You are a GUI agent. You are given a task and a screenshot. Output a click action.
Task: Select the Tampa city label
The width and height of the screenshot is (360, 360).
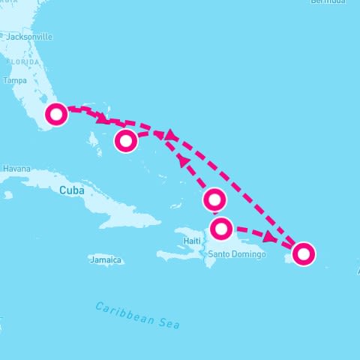point(15,80)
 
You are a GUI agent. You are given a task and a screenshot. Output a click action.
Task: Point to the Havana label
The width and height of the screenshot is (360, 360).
point(16,169)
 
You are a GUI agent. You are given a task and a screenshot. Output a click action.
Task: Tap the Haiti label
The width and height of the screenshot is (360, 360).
point(193,241)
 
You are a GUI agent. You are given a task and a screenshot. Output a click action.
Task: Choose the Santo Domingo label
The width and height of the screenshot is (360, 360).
point(237,255)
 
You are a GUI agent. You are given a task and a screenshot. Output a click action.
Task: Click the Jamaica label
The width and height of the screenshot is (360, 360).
point(105,260)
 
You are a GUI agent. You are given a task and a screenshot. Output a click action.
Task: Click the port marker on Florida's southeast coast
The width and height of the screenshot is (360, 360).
point(56,115)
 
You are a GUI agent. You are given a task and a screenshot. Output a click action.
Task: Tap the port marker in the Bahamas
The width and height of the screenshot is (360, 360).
point(126,140)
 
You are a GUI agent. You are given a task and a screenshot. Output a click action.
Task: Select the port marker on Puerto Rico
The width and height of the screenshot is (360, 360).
point(303,253)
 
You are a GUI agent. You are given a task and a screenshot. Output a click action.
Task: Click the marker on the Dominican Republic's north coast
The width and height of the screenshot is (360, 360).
point(221,228)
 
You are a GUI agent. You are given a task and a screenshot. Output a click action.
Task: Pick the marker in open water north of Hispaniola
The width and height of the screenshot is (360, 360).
point(214,199)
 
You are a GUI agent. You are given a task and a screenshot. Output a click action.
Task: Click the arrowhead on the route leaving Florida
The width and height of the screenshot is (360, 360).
point(100,118)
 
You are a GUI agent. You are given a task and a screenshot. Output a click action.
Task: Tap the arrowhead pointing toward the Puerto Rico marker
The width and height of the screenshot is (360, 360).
point(268,236)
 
